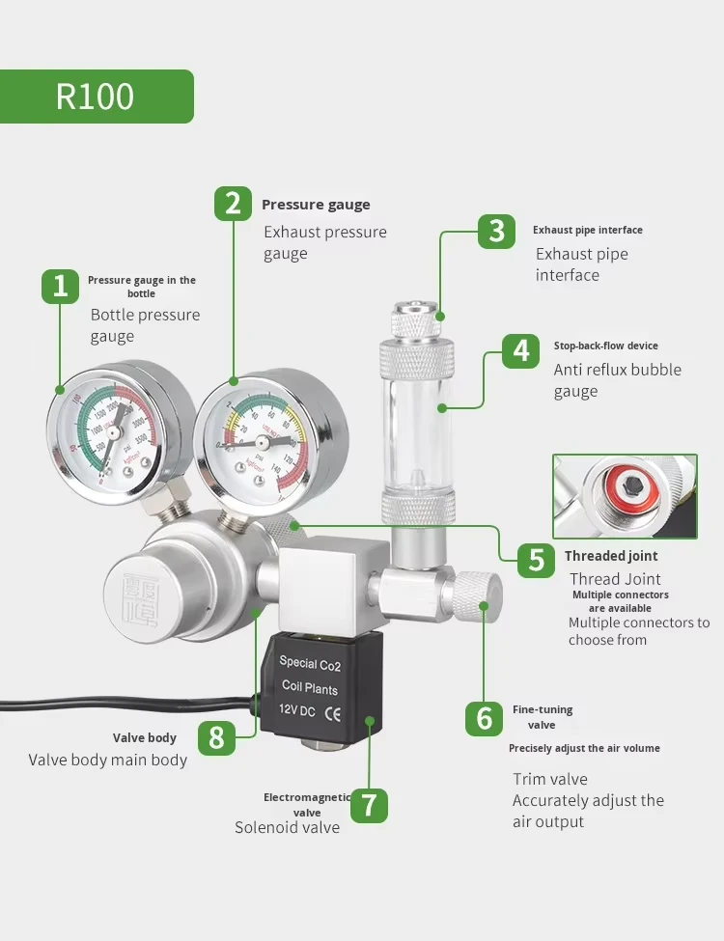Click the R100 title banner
97,97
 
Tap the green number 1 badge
60,287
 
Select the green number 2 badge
233,204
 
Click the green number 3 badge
496,231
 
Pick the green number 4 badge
521,349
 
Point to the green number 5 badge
536,559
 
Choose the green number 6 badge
485,718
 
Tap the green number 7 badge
369,804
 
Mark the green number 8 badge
216,738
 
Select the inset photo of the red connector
624,496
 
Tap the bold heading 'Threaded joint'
611,556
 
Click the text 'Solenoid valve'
288,827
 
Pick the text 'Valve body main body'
108,760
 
